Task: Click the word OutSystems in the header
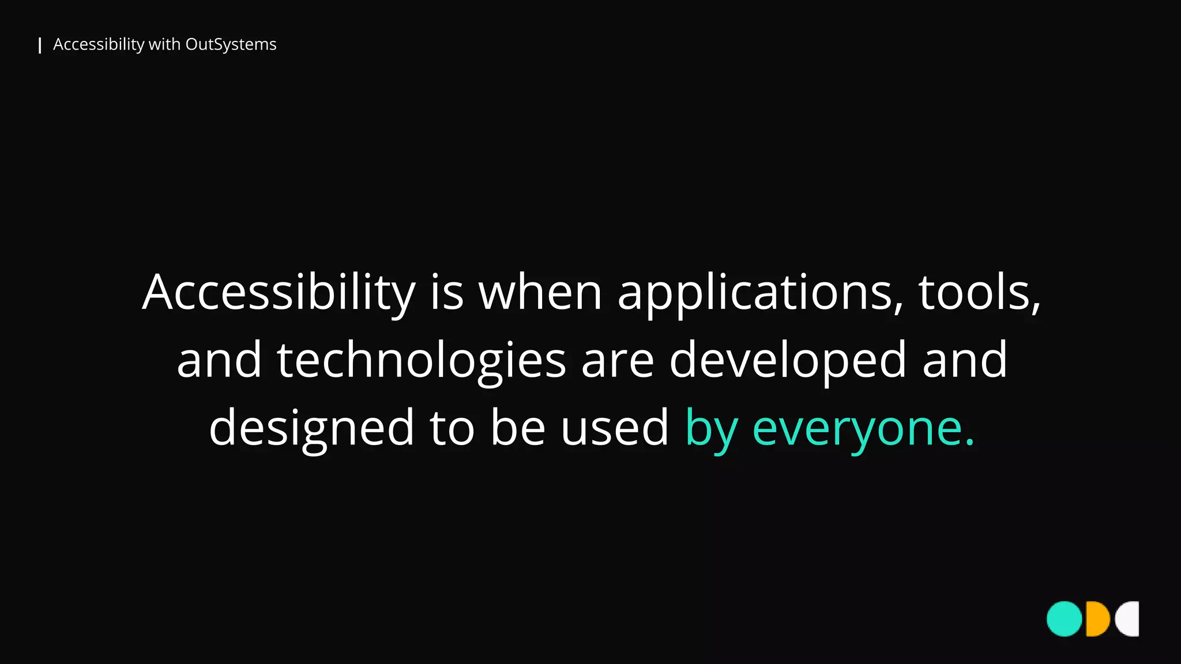[231, 44]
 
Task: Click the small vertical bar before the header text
[40, 45]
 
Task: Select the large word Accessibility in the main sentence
[279, 293]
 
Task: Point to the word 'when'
[540, 293]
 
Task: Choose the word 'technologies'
[422, 361]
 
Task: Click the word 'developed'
[788, 361]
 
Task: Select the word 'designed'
[311, 428]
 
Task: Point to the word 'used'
[614, 428]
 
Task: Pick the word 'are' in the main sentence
[618, 361]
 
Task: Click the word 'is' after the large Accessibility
[447, 293]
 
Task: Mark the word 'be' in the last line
[518, 428]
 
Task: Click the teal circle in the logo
[1065, 619]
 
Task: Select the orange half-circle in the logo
[1097, 619]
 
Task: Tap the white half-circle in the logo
[1129, 619]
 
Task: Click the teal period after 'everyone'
[969, 443]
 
